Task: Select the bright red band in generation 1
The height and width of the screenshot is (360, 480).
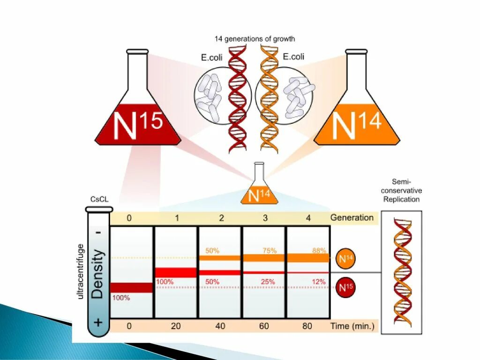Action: point(176,272)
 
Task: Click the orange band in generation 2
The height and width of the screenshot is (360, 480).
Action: point(220,258)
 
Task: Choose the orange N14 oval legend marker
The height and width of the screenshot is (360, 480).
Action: point(345,258)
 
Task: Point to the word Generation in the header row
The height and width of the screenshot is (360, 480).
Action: point(352,217)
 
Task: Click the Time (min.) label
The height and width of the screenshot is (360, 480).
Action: point(352,326)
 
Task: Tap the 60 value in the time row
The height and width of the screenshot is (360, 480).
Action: point(264,326)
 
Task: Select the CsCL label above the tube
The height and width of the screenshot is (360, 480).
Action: point(99,199)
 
